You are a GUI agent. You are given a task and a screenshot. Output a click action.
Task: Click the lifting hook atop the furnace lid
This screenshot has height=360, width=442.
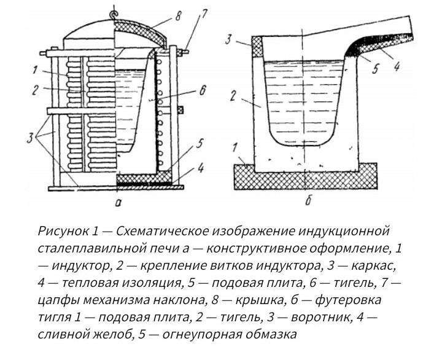point(114,15)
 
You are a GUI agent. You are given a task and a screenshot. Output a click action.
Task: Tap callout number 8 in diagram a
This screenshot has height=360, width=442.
point(178,17)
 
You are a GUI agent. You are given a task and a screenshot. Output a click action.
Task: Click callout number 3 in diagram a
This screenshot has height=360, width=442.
point(31,138)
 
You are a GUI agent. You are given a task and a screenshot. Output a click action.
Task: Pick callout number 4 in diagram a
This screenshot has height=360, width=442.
point(200,168)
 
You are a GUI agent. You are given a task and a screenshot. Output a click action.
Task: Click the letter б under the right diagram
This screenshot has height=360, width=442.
point(308,201)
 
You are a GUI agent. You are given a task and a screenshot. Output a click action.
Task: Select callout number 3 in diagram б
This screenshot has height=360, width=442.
point(228,39)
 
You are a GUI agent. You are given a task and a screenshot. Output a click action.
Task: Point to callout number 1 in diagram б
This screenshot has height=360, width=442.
point(235,148)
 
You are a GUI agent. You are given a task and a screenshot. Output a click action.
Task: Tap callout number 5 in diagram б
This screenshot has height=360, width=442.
point(375,69)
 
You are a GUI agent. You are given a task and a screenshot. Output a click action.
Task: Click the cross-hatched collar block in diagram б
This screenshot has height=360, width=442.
point(257,47)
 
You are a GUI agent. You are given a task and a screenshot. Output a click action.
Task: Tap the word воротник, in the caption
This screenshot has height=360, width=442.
point(321,318)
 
